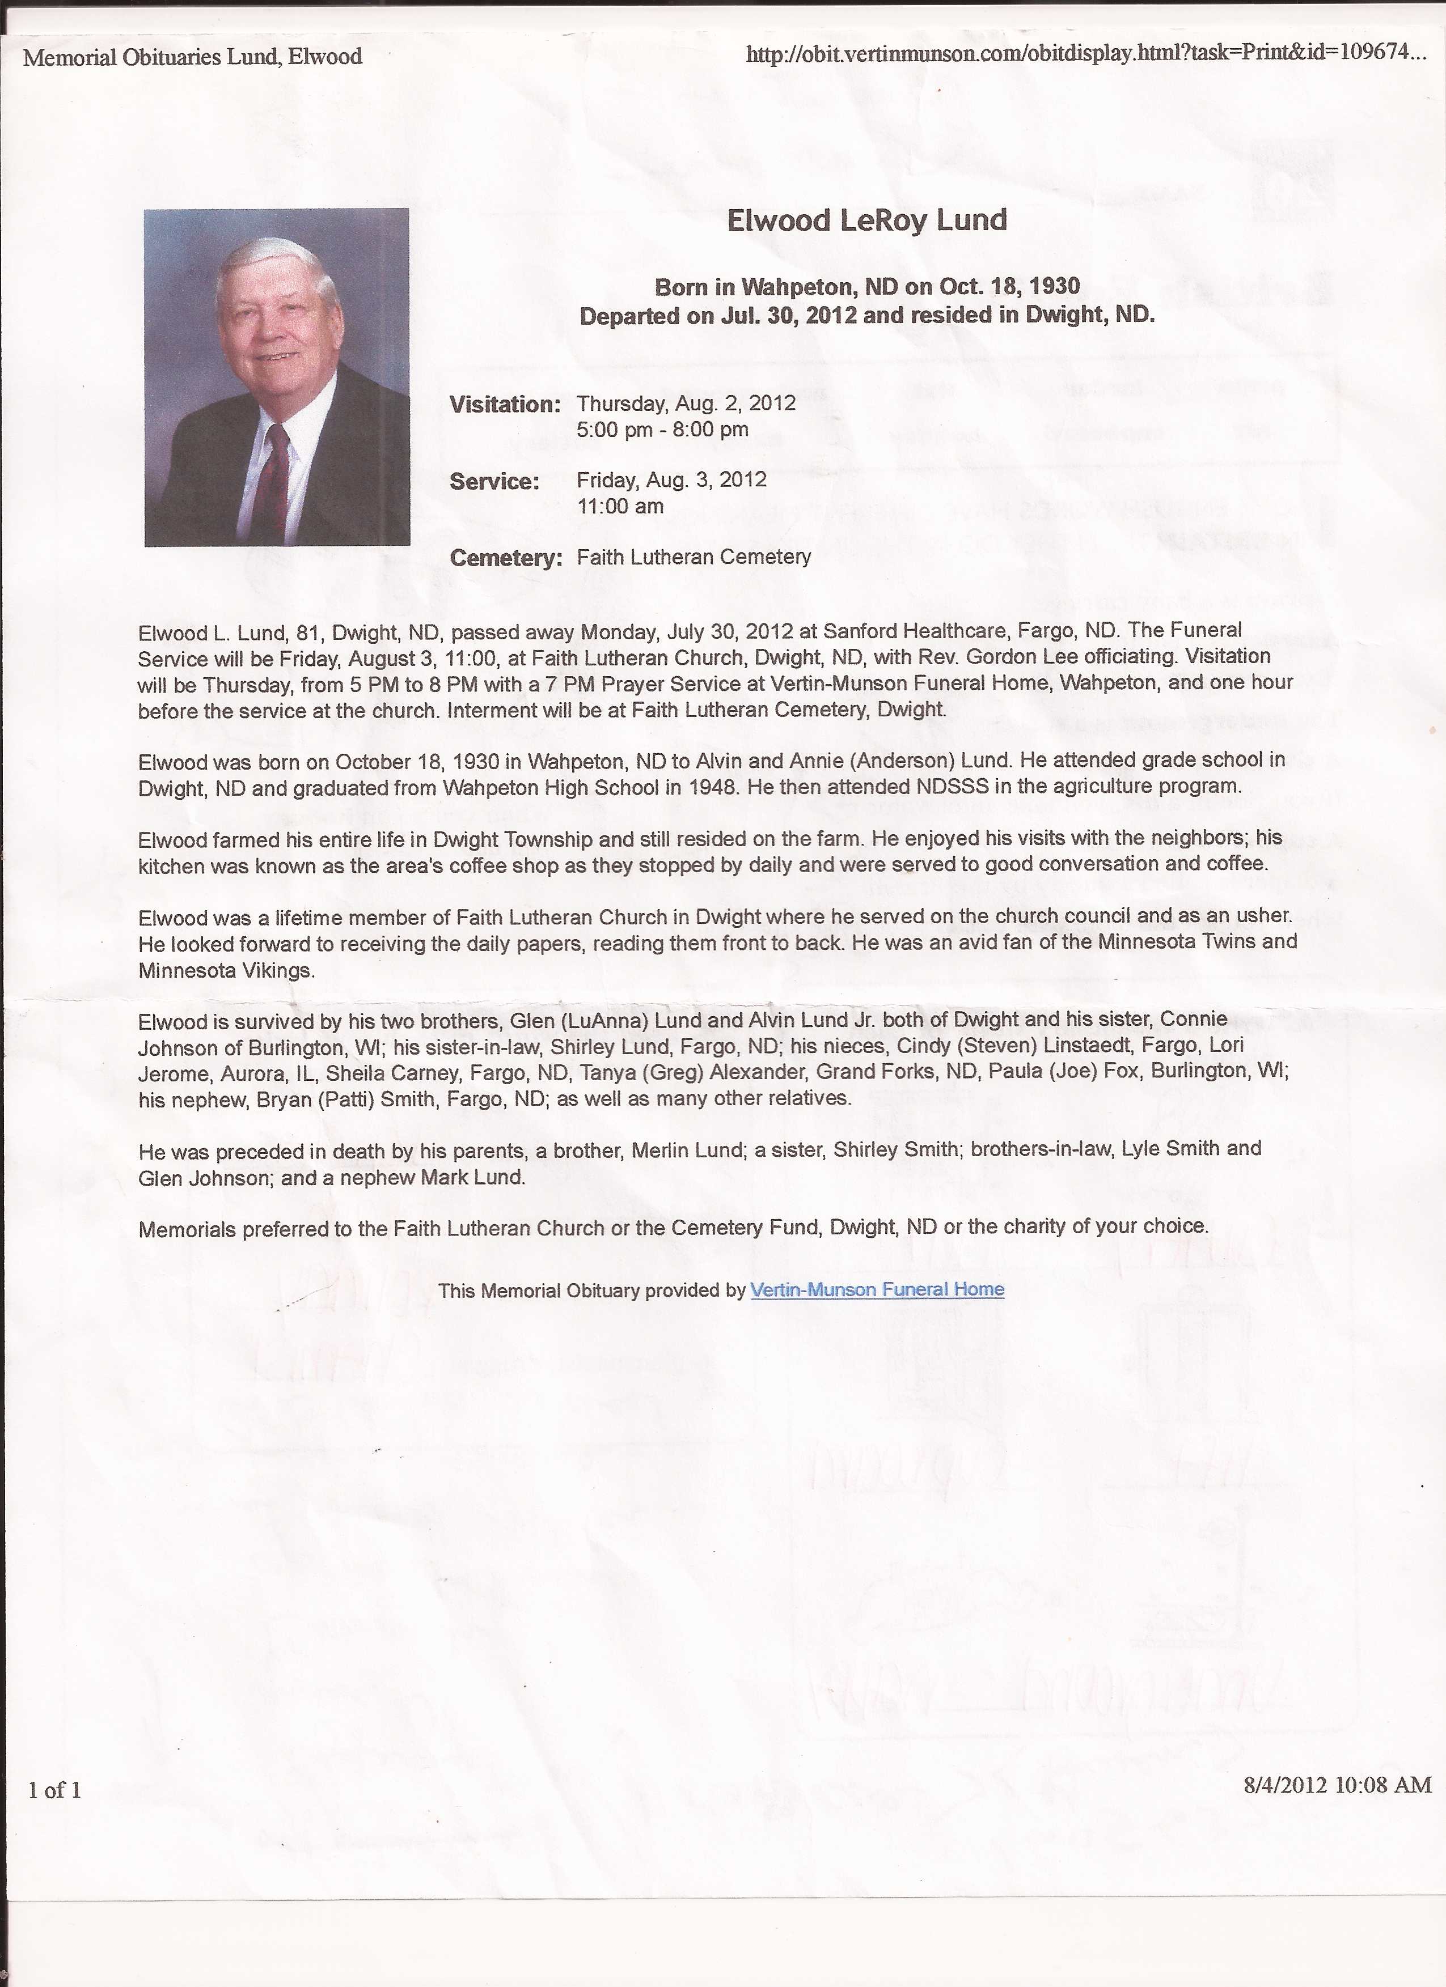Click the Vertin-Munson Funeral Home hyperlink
tap(877, 1289)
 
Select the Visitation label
tap(505, 405)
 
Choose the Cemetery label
tap(506, 558)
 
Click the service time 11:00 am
tap(620, 507)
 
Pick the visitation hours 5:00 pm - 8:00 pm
tap(662, 429)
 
